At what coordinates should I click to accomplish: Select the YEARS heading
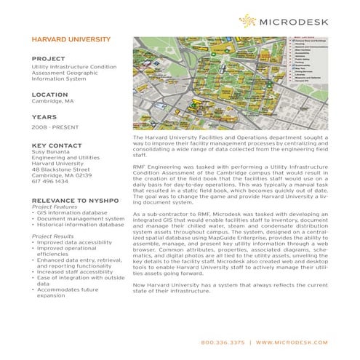click(44, 116)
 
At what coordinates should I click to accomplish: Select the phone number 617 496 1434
click(50, 182)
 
